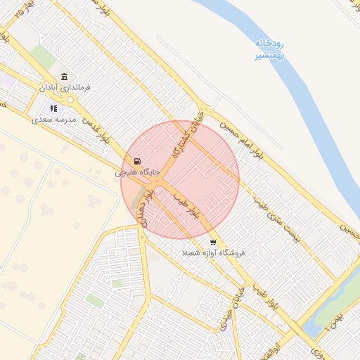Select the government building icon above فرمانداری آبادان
coord(65,77)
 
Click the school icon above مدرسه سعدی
coord(53,109)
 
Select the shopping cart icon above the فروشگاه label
coord(212,242)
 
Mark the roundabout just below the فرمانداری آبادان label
coord(71,100)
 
